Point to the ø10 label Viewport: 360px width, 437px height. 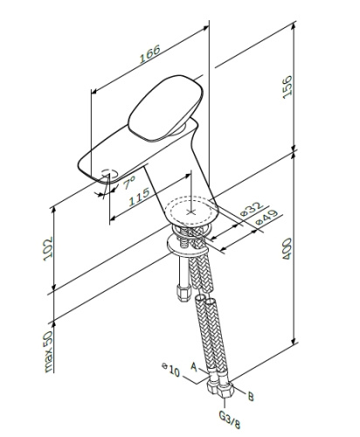point(170,370)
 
